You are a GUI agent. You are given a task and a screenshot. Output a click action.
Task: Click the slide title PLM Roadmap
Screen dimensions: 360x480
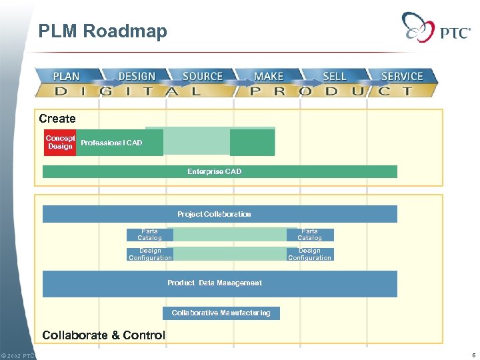[103, 31]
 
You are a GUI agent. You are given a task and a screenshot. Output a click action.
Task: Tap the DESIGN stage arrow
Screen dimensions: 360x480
[137, 76]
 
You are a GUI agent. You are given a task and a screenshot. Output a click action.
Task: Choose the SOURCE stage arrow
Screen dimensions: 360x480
[203, 76]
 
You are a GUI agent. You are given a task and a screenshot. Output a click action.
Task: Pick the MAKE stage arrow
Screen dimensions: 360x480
[269, 76]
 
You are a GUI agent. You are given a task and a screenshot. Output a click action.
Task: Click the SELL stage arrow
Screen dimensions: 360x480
[334, 76]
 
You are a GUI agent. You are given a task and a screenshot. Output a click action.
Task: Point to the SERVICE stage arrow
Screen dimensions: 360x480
[402, 76]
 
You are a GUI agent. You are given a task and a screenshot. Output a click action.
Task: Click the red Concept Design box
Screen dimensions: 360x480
[60, 142]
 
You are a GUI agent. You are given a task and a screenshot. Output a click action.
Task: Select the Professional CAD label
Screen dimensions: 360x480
[111, 143]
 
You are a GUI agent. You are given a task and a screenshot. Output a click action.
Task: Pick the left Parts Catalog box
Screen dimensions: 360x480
[149, 235]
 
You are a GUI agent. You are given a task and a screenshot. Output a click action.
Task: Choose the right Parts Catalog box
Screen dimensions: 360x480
[310, 235]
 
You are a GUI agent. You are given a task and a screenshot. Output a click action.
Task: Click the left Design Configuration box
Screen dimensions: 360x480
[150, 254]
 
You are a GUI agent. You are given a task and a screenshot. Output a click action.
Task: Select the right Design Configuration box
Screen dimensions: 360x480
[310, 254]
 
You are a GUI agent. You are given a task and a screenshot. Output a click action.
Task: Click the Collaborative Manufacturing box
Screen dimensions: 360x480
[221, 313]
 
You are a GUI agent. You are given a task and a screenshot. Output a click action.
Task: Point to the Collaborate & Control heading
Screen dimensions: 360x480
[103, 335]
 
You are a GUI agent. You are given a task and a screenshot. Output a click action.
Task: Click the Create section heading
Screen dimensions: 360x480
[57, 119]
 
